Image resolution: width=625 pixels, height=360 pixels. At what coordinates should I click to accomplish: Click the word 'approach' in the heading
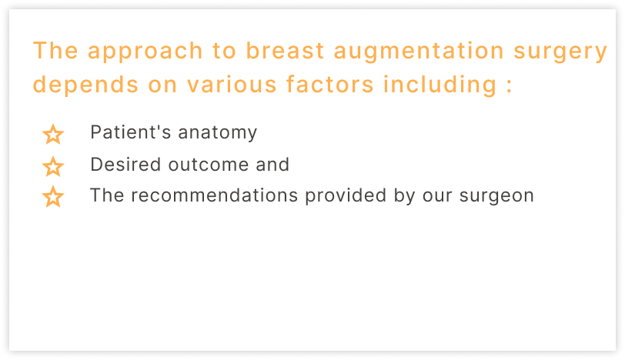(145, 52)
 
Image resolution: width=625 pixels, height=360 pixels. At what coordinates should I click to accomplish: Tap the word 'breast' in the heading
(285, 51)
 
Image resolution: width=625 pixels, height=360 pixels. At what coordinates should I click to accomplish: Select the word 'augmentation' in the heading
(419, 52)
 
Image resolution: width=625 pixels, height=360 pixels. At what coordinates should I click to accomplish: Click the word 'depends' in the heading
(85, 85)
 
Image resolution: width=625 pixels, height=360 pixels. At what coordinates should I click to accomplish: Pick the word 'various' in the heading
(232, 85)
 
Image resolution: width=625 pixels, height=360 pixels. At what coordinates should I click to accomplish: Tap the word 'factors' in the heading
(329, 84)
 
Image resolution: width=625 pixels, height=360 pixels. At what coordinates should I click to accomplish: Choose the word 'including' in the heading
(440, 85)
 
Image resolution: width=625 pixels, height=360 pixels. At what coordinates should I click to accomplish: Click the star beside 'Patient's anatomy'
(53, 134)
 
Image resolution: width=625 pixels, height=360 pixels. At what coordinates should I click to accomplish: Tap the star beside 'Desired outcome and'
(53, 166)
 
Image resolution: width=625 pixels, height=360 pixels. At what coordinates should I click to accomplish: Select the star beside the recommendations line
(53, 197)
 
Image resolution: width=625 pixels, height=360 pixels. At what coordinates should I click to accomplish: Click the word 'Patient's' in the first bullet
(131, 132)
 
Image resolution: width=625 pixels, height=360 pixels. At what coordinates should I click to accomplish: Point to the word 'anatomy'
(218, 133)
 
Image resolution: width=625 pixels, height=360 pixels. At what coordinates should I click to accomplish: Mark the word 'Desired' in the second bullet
(125, 164)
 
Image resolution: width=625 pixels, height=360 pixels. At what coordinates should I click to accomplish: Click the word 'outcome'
(208, 165)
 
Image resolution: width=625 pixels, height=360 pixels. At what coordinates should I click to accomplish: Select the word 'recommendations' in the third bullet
(215, 195)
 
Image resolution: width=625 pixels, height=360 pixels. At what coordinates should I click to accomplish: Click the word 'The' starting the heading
(55, 51)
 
